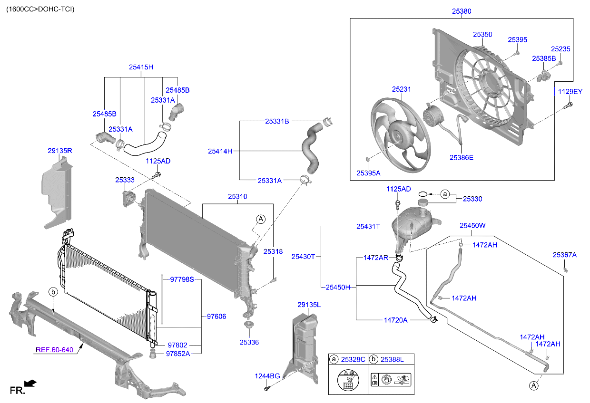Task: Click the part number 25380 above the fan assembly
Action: (x=462, y=11)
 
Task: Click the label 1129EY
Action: (x=570, y=92)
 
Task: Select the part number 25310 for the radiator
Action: (x=237, y=196)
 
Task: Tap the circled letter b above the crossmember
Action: (x=54, y=291)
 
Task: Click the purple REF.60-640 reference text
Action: (x=55, y=350)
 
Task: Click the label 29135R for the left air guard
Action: (x=59, y=151)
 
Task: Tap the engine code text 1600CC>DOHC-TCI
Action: (x=40, y=9)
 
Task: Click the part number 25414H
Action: (x=220, y=152)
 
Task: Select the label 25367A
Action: (x=564, y=255)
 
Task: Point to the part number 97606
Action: (x=216, y=316)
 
